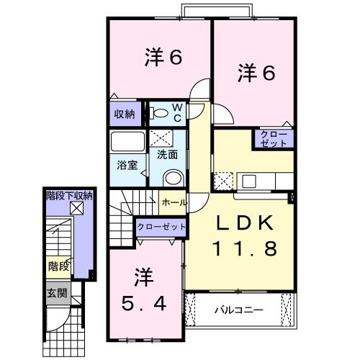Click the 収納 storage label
[x=124, y=114]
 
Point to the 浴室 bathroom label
[x=127, y=164]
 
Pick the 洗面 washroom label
[x=167, y=153]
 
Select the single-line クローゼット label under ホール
[x=161, y=227]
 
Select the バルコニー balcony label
[x=238, y=310]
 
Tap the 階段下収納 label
[x=69, y=195]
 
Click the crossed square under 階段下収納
[x=76, y=209]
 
